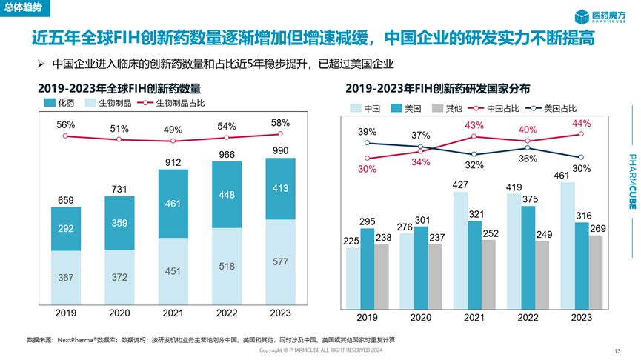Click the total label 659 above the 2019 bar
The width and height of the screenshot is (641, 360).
coord(66,199)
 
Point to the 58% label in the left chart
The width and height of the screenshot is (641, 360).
coord(280,123)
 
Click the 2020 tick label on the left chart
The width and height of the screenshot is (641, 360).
coord(119,313)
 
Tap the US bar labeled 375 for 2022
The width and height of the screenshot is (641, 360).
coord(530,257)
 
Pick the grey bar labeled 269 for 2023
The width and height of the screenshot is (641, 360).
coord(597,271)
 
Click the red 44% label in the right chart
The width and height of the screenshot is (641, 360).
coord(582,123)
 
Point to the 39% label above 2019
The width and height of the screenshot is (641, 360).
coord(367,132)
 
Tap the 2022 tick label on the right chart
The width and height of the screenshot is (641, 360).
coord(528,317)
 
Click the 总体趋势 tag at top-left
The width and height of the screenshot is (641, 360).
coord(21,6)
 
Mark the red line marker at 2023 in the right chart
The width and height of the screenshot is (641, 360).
coord(582,134)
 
